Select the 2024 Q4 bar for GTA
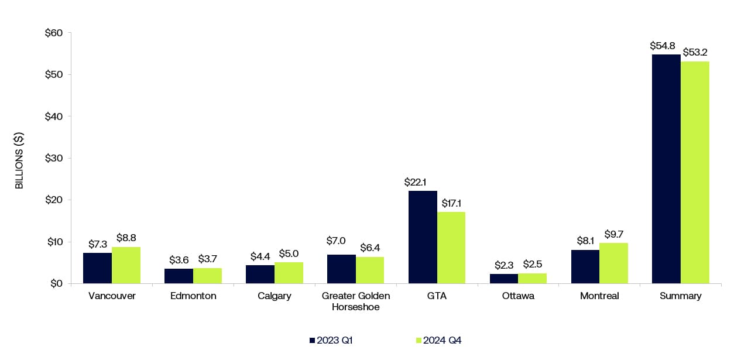coord(451,248)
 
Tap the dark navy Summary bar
coord(666,169)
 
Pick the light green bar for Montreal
coord(613,263)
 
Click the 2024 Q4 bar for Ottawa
coord(532,278)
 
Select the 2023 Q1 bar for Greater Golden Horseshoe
coord(341,269)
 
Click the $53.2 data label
coord(695,52)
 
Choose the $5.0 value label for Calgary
coord(289,254)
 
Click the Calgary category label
coord(274,296)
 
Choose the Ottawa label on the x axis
coord(518,296)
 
